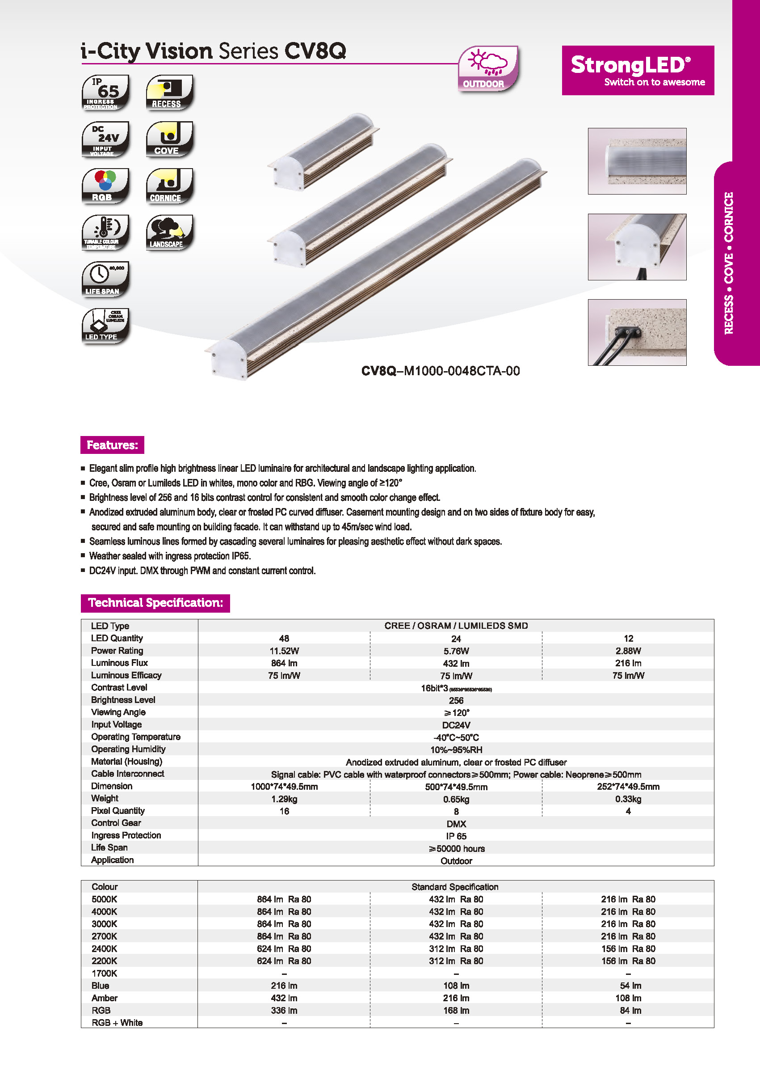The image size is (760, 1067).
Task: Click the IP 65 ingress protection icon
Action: tap(105, 92)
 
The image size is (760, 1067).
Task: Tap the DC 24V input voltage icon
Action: tap(105, 139)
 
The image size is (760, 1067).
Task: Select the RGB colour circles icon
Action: tap(105, 186)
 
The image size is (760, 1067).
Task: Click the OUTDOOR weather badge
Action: tap(487, 68)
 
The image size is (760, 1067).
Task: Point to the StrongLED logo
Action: tap(638, 70)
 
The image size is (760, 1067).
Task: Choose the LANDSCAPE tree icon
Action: tap(169, 233)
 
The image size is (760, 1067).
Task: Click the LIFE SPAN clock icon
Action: tap(105, 279)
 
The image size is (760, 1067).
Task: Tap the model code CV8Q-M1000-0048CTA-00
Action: tap(441, 371)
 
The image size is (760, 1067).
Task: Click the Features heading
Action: tap(112, 445)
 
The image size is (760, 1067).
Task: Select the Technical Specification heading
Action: tap(155, 603)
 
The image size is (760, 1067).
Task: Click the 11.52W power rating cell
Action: tap(284, 651)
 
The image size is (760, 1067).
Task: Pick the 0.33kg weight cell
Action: tap(628, 799)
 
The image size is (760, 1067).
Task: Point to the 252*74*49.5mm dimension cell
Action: tap(628, 787)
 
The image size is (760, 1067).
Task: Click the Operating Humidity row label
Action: tap(128, 749)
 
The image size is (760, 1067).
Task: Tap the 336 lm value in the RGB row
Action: tap(284, 1010)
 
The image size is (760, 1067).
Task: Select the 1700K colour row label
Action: tap(105, 974)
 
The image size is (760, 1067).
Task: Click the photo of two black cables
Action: tap(637, 332)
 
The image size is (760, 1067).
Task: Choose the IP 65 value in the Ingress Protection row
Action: tap(456, 836)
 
